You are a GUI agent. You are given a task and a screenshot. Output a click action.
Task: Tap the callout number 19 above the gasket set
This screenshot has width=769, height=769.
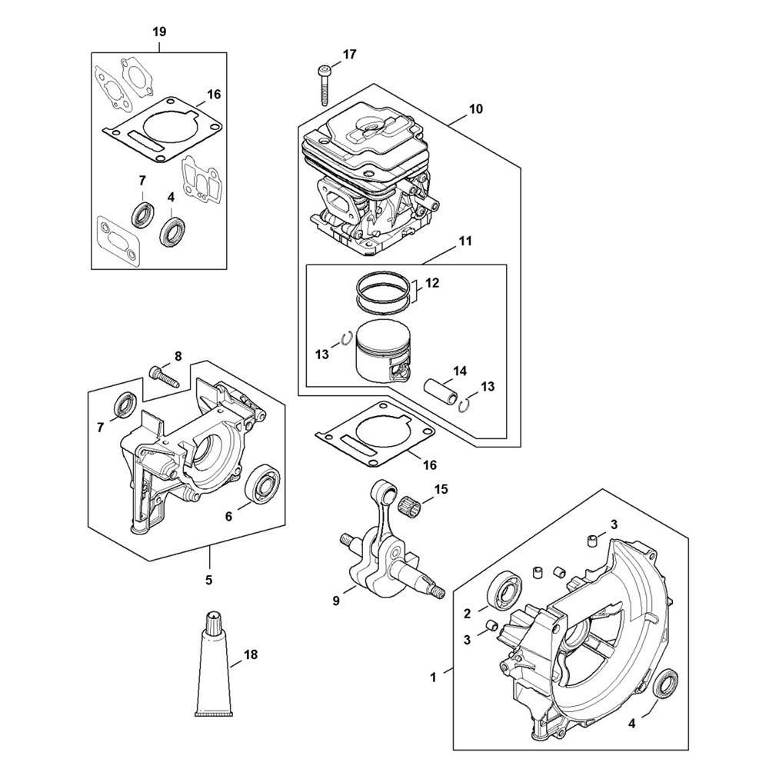point(159,32)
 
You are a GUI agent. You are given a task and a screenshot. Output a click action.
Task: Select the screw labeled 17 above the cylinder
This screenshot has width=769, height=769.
point(323,85)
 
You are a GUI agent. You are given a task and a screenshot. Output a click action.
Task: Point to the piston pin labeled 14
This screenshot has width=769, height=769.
point(442,397)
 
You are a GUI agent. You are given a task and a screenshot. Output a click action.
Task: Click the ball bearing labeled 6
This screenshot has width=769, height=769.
point(262,485)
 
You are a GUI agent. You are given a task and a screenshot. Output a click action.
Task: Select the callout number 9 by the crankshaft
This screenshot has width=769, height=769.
point(336,601)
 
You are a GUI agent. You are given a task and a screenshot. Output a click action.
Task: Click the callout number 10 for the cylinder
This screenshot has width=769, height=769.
point(476,108)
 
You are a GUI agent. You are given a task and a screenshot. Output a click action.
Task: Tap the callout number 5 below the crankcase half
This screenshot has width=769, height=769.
point(209,580)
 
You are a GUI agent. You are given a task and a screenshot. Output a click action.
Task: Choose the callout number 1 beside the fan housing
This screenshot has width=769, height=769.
point(433,677)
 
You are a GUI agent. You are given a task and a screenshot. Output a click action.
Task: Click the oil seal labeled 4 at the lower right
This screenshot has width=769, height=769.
point(667,682)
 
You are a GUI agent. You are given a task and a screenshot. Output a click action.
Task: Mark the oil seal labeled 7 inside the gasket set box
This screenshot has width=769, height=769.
point(144,214)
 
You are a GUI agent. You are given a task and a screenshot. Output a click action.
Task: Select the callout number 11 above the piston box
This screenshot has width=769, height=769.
point(465,241)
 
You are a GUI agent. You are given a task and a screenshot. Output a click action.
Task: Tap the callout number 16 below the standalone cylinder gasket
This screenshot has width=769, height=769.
point(429,464)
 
